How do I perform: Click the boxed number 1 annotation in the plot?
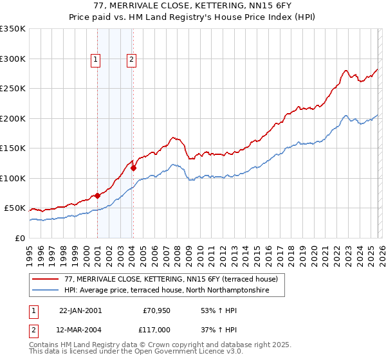tap(95, 60)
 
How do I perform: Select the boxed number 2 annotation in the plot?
tap(131, 60)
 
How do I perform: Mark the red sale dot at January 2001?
tap(97, 195)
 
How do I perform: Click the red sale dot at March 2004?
tap(133, 168)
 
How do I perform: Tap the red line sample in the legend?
tap(46, 280)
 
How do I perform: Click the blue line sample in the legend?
tap(46, 291)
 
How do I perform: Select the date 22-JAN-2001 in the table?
tap(80, 310)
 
